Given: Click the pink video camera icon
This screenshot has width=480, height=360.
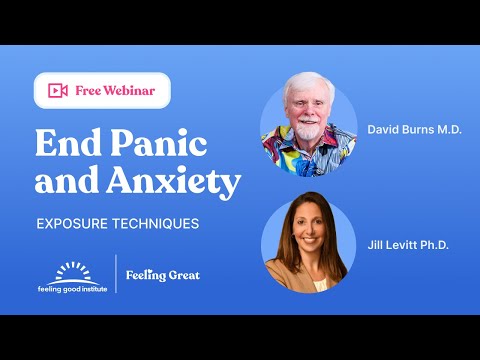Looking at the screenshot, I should (x=57, y=91).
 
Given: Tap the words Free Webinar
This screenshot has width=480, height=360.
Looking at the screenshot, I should (x=114, y=91).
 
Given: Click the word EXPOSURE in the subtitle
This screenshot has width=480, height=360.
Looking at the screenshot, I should (x=74, y=223).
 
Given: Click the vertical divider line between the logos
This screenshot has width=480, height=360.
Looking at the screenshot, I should (x=116, y=274).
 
